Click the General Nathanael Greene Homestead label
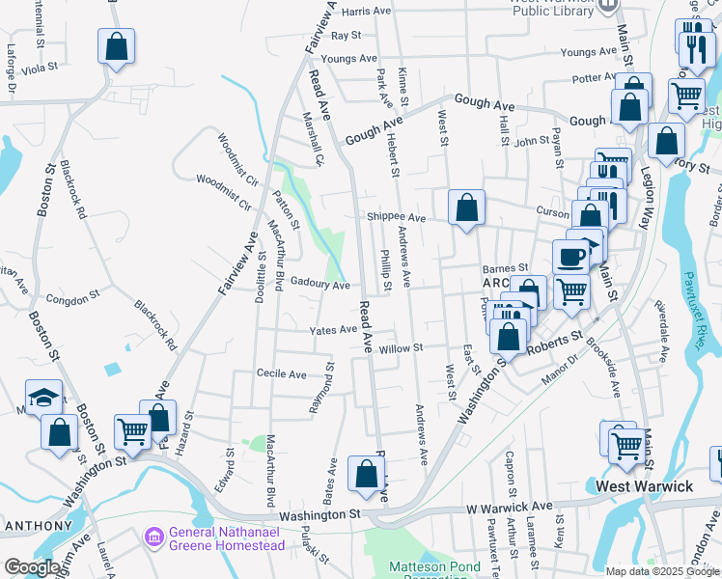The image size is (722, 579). (227, 538)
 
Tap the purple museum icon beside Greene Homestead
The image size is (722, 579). (153, 535)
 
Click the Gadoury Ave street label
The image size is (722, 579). (319, 286)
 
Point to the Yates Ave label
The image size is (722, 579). (333, 330)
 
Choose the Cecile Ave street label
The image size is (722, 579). (281, 373)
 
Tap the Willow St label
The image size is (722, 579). (401, 347)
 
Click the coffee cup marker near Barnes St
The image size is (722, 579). (570, 258)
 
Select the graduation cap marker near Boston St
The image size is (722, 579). (44, 398)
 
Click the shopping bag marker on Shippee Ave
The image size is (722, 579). (466, 207)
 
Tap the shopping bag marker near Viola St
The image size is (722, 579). (116, 46)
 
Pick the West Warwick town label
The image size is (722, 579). (645, 486)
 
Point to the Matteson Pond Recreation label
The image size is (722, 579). (428, 567)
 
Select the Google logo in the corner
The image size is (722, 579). (31, 567)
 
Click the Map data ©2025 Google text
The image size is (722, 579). (662, 571)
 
